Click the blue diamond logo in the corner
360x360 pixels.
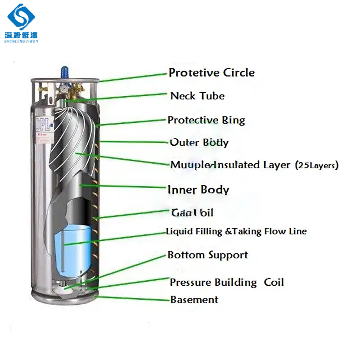(x=22, y=17)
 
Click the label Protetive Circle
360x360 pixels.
(x=211, y=73)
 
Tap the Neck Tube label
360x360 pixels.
(x=197, y=96)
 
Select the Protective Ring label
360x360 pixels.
(x=206, y=120)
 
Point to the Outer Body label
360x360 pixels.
(x=199, y=143)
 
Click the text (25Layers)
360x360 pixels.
(x=317, y=166)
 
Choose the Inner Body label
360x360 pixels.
(x=198, y=189)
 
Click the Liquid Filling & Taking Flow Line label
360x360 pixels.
(x=236, y=232)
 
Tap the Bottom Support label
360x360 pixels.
(x=207, y=255)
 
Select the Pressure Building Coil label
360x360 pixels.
(x=227, y=283)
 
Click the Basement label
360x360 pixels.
(x=194, y=300)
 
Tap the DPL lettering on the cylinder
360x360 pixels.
(x=42, y=122)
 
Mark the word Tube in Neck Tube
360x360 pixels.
(x=213, y=96)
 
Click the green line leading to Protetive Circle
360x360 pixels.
(x=133, y=77)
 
